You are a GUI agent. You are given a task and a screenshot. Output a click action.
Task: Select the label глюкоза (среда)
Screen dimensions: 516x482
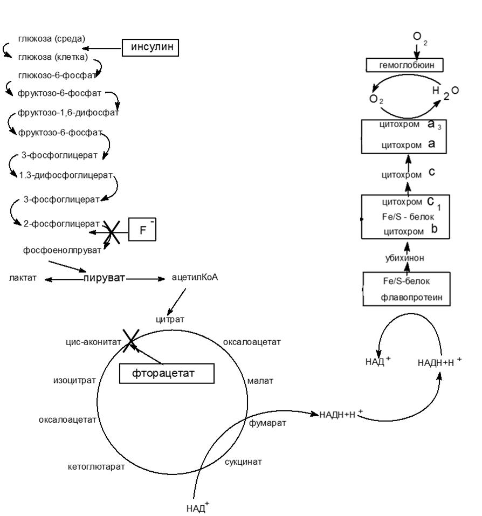coord(52,39)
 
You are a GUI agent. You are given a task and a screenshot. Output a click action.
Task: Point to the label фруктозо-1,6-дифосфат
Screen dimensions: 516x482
coord(68,113)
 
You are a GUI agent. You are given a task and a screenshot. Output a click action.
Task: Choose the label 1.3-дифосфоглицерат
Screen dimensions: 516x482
coord(66,175)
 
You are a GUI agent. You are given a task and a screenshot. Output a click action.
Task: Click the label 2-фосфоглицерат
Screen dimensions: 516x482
coord(61,223)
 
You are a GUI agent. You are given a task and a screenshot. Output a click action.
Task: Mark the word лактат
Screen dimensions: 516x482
coord(23,278)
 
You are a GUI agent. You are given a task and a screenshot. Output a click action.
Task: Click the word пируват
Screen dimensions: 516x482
coord(104,278)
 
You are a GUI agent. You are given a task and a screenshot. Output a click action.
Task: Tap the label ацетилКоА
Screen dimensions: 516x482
coord(195,278)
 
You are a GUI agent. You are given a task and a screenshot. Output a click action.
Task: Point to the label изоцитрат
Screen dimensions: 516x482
coord(74,380)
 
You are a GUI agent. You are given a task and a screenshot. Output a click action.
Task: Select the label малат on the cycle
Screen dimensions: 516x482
coord(260,381)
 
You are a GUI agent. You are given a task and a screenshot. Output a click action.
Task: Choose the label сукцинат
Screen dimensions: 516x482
coord(243,462)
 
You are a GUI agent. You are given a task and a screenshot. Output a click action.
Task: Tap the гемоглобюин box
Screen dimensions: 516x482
coord(404,66)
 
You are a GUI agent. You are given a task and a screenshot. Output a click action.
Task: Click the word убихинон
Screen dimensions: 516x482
coord(404,258)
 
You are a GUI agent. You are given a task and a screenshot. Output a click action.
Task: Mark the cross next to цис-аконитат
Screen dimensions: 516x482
coord(130,341)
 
